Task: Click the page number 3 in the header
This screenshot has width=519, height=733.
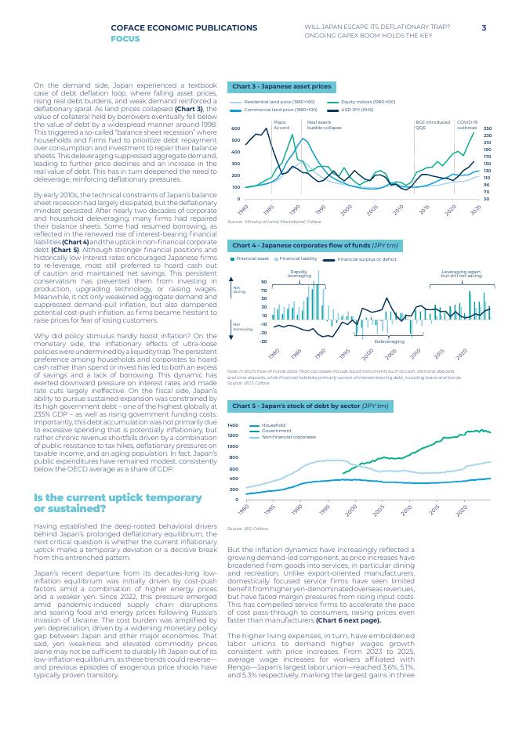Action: coord(484,27)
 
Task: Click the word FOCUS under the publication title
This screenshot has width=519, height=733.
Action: coord(125,38)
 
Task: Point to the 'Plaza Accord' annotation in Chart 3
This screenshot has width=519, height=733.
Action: coord(281,125)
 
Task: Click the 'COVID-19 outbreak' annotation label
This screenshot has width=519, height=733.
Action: coord(466,125)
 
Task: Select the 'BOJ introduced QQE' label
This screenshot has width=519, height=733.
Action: coord(432,125)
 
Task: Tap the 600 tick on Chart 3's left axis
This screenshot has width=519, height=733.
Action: coord(235,128)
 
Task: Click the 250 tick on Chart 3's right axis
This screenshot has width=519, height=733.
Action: coord(487,128)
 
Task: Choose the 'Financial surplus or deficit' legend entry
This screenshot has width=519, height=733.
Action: coord(366,258)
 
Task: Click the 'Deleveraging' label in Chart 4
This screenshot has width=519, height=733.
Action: coord(389,341)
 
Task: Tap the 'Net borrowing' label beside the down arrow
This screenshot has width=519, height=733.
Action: coord(238,327)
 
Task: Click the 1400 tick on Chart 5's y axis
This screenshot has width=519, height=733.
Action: coord(233,425)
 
